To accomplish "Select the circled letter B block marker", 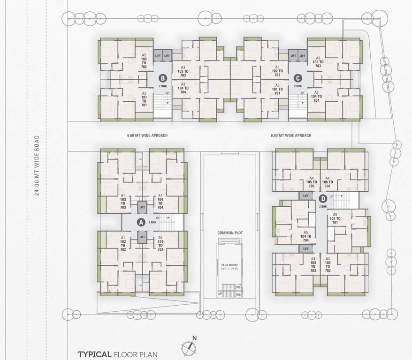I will click(162, 78).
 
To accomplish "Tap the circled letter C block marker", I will click(297, 78).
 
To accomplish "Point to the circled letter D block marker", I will click(322, 198).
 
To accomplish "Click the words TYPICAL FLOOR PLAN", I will click(118, 354).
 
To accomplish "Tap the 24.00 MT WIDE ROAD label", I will click(37, 166).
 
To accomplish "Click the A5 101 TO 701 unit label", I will click(335, 218).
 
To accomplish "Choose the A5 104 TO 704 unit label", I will click(306, 236).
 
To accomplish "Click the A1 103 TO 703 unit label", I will click(123, 201).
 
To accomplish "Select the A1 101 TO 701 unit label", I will click(160, 244).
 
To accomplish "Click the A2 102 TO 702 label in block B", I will click(144, 61).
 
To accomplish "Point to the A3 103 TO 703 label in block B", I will click(183, 71).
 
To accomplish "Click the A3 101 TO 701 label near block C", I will click(277, 89).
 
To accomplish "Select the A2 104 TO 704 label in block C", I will click(316, 97).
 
